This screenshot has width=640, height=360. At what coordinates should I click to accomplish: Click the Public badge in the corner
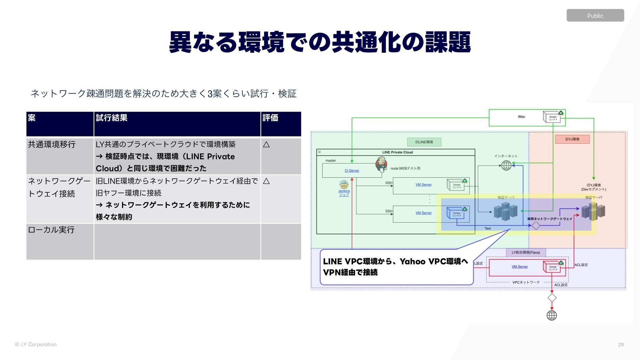tap(595, 16)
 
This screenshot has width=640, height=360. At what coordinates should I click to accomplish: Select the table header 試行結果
tap(112, 118)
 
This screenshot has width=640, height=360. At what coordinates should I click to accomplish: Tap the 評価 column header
tap(270, 118)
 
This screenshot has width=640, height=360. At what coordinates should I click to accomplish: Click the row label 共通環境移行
tap(52, 145)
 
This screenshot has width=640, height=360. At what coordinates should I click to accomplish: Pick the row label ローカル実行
tap(51, 230)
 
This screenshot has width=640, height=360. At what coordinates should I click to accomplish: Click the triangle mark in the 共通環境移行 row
tap(266, 145)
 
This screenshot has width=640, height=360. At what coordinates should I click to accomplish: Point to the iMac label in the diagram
tap(521, 117)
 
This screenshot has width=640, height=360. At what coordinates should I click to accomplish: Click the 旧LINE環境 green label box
tap(424, 142)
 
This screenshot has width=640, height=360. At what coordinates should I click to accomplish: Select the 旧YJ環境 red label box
tap(572, 139)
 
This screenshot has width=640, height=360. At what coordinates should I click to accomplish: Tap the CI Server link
tap(352, 171)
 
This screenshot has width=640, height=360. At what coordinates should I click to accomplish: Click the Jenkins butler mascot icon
tap(381, 164)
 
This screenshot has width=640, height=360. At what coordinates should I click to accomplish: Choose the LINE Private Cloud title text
tap(397, 152)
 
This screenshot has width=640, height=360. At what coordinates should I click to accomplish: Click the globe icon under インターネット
tap(506, 165)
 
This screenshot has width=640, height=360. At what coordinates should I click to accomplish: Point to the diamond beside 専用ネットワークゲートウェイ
tap(536, 226)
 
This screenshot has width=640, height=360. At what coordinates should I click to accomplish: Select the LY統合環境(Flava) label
tap(526, 253)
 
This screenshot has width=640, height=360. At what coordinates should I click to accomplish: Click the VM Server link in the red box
tap(520, 267)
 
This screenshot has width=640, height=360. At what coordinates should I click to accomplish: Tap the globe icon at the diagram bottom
tap(552, 315)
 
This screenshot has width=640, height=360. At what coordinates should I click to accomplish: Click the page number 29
tap(621, 345)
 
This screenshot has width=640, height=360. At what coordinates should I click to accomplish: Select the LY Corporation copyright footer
tap(36, 345)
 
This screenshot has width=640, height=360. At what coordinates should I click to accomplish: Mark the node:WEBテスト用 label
tap(405, 169)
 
